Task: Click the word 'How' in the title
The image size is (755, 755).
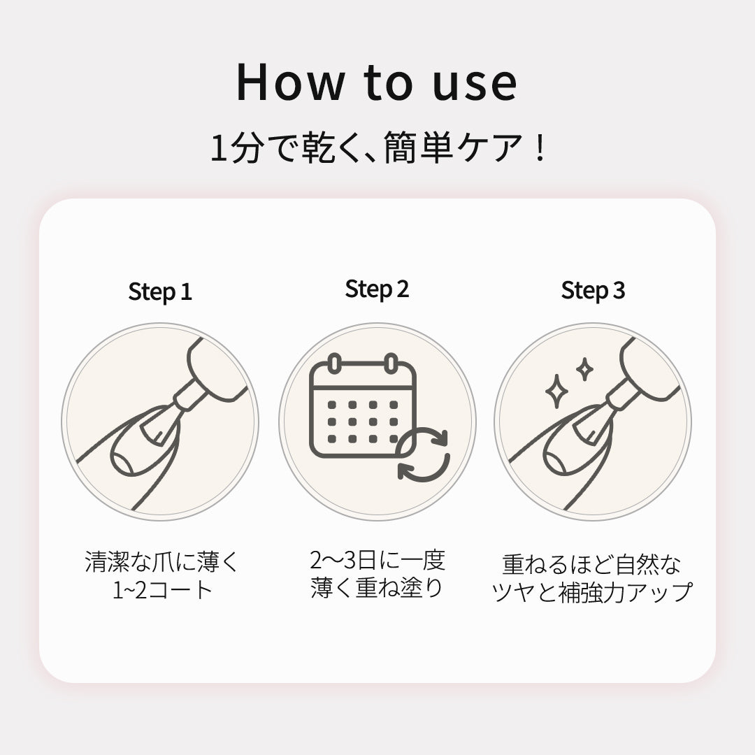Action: point(290,82)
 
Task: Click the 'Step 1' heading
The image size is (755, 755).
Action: point(160,292)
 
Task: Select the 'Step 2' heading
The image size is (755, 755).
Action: point(377,289)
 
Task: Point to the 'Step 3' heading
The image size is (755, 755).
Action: point(593,291)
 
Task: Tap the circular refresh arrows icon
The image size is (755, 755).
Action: point(423,454)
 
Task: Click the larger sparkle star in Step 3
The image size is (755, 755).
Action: point(556,391)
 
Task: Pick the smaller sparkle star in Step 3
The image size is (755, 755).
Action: point(584,369)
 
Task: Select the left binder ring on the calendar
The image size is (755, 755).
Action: point(334,364)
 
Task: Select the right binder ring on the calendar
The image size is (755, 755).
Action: point(391,364)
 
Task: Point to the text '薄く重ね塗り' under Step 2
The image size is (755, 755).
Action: point(377,587)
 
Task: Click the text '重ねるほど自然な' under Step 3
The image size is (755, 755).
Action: point(592,564)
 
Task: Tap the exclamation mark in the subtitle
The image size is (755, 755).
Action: point(540,148)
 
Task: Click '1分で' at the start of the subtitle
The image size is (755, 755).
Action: point(252,148)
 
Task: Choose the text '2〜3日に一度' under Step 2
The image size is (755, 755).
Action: point(377,560)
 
